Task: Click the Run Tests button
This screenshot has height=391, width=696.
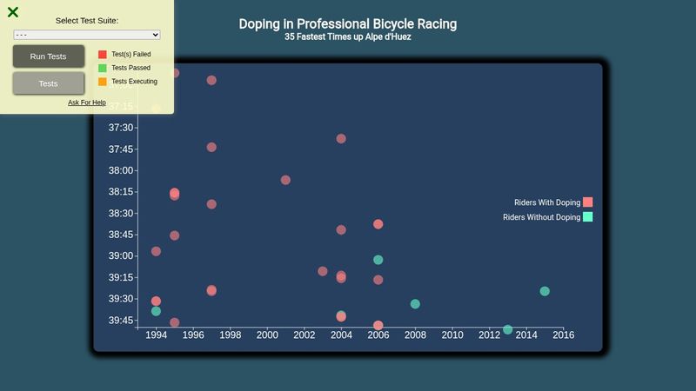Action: pos(49,56)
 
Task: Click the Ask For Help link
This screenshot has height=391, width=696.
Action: pos(87,103)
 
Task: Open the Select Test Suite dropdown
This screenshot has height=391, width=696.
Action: pos(87,35)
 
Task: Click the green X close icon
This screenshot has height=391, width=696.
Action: pos(13,12)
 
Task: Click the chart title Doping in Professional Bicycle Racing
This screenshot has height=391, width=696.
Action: pos(347,24)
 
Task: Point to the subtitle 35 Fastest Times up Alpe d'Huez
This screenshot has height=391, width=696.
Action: pos(347,37)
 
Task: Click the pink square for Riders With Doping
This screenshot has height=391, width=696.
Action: pos(587,202)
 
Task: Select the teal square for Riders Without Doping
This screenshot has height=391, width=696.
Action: pos(587,217)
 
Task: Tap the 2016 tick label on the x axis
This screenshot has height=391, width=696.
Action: pos(563,335)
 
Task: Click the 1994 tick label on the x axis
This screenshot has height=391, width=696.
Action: pos(156,335)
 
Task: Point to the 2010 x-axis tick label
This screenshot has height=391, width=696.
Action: pos(452,335)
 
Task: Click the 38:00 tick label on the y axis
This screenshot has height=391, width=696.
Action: pos(121,170)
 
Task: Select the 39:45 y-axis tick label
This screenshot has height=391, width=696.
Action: pos(121,321)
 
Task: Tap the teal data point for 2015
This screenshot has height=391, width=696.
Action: pos(545,291)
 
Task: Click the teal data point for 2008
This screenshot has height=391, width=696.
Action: pos(415,304)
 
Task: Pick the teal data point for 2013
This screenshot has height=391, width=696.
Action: pos(508,329)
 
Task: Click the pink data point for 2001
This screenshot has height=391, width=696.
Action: pos(285,180)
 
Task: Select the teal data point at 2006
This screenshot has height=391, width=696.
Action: pos(378,260)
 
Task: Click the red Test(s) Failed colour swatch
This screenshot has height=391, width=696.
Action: pos(103,54)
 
